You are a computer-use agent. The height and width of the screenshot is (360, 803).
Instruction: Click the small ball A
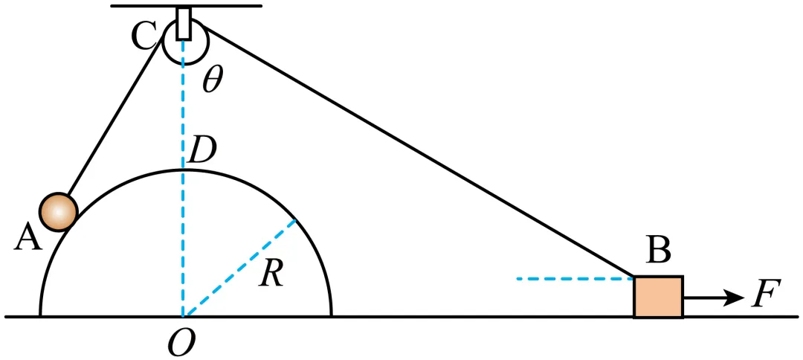(59, 211)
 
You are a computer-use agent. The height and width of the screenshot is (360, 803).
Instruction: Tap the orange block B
(658, 297)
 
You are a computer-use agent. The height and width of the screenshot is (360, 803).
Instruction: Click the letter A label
(28, 238)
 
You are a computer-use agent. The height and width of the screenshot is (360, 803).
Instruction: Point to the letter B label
(659, 251)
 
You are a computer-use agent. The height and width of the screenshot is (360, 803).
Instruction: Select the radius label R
(271, 276)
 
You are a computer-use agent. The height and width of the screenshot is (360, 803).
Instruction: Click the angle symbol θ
(213, 81)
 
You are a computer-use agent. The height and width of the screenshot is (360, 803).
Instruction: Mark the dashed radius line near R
(238, 269)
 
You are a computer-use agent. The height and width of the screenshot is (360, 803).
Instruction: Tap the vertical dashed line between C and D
(183, 112)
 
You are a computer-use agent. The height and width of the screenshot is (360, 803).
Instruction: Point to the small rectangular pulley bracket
(184, 24)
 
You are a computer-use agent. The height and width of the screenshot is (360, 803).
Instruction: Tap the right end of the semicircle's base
(331, 315)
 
